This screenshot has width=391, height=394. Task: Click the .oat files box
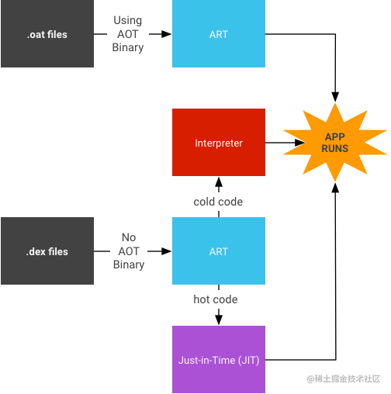[47, 33]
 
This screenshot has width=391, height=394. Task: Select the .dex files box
[47, 251]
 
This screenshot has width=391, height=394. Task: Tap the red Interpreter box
[219, 143]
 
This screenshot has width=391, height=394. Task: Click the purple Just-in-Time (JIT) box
[219, 360]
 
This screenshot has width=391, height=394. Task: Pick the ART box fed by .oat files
[219, 33]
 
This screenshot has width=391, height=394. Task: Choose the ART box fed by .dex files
[219, 251]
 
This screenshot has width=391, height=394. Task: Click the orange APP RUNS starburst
[335, 143]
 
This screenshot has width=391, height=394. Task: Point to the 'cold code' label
[218, 202]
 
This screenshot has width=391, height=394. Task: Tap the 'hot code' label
[216, 299]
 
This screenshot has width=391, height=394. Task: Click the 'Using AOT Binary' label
[128, 34]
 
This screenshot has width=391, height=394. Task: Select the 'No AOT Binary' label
[129, 251]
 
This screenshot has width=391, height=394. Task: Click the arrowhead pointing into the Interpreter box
[219, 182]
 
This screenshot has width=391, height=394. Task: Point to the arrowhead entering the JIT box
[219, 320]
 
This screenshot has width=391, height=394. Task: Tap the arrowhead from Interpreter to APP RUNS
[300, 143]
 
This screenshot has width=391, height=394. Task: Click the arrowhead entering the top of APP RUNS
[335, 97]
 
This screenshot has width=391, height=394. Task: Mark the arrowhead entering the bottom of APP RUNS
[335, 188]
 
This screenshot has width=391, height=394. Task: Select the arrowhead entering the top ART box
[166, 34]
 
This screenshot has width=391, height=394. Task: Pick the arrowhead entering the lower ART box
[166, 251]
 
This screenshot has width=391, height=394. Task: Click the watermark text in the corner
[344, 378]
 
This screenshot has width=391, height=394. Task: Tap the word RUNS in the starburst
[335, 148]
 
